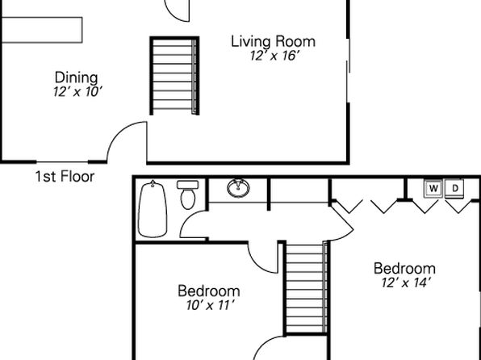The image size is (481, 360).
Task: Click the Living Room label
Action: (273, 42)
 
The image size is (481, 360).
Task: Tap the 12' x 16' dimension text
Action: (274, 56)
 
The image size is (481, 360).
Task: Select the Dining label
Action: (77, 77)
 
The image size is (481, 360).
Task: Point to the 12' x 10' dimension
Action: (77, 91)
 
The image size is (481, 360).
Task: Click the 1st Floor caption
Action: (65, 177)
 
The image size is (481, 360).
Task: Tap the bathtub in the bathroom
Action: (153, 209)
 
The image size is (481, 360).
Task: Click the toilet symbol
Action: (188, 195)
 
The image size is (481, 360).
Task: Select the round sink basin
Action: (238, 188)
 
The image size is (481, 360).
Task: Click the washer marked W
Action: (433, 188)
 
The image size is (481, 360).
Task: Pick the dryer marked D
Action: (455, 188)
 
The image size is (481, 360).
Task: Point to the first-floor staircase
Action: (174, 76)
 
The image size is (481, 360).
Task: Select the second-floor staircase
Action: (306, 287)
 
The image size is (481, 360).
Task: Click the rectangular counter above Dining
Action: (42, 30)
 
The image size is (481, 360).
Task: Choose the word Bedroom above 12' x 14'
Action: (404, 269)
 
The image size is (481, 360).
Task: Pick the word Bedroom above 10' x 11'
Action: (209, 291)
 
